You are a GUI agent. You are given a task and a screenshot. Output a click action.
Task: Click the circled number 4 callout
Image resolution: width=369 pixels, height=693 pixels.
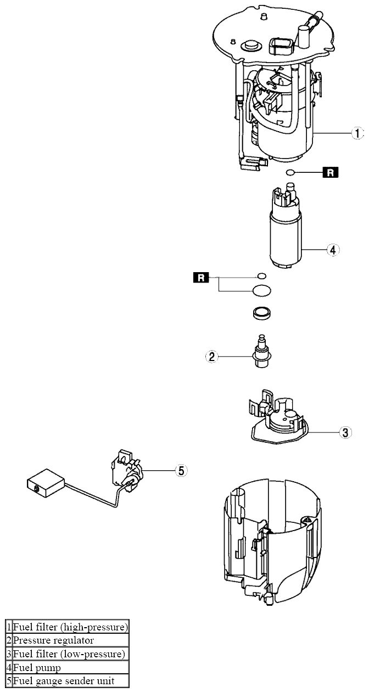click(x=332, y=250)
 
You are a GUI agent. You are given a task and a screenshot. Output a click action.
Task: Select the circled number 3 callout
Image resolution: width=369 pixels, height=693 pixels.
click(x=344, y=432)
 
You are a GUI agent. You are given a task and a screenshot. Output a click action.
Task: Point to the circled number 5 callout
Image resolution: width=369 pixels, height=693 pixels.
click(x=182, y=470)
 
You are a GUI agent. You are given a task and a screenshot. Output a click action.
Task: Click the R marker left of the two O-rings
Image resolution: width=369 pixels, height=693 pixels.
click(x=201, y=278)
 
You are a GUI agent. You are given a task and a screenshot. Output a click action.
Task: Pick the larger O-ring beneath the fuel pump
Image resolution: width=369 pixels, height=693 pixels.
click(x=262, y=289)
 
